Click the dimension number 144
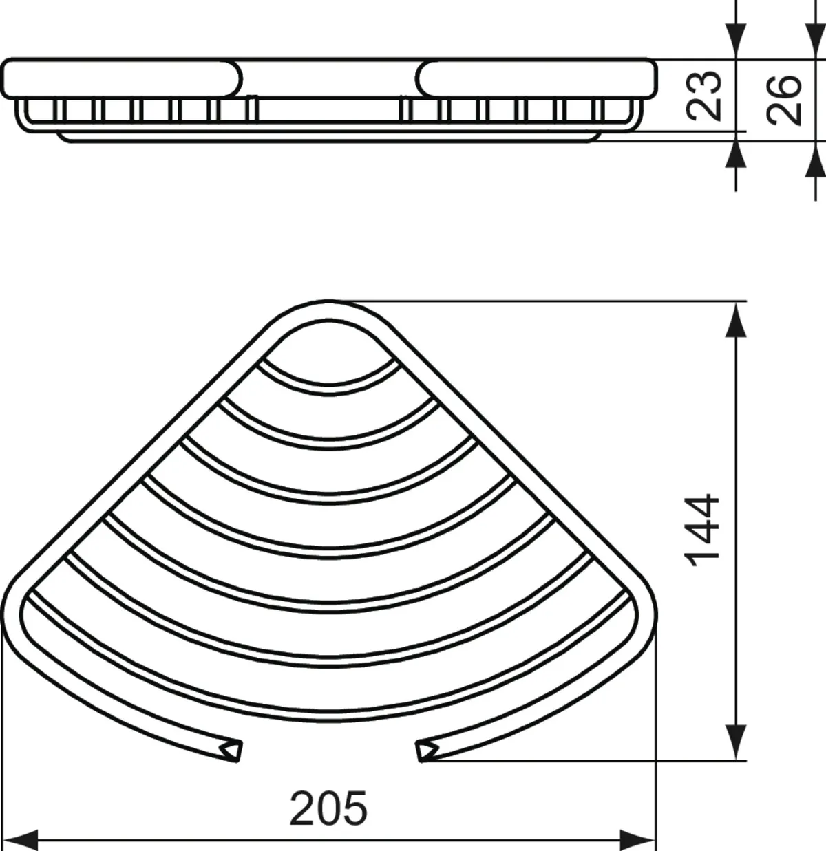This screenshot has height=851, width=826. click(701, 530)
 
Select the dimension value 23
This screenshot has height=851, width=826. click(703, 96)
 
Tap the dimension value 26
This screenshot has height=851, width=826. click(783, 100)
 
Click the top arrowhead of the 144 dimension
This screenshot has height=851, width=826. click(736, 320)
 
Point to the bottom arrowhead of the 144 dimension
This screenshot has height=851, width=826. click(736, 742)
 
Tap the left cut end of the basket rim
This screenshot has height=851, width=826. click(231, 751)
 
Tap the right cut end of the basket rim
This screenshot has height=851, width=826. click(427, 751)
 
